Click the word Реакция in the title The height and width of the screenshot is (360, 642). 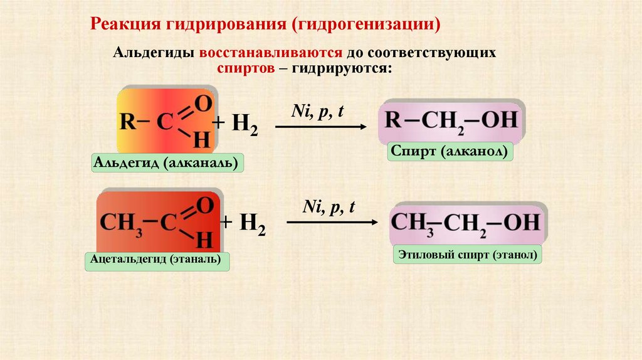[125, 25]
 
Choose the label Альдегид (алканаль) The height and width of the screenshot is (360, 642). [167, 164]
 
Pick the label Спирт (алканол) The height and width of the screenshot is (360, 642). [451, 152]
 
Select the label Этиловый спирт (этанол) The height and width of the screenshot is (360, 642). [467, 255]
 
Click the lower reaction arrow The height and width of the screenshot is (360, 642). [332, 222]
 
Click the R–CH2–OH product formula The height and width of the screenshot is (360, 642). [451, 120]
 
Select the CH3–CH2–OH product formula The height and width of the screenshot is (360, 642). [465, 223]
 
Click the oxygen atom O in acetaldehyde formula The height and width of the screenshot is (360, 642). [205, 205]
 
